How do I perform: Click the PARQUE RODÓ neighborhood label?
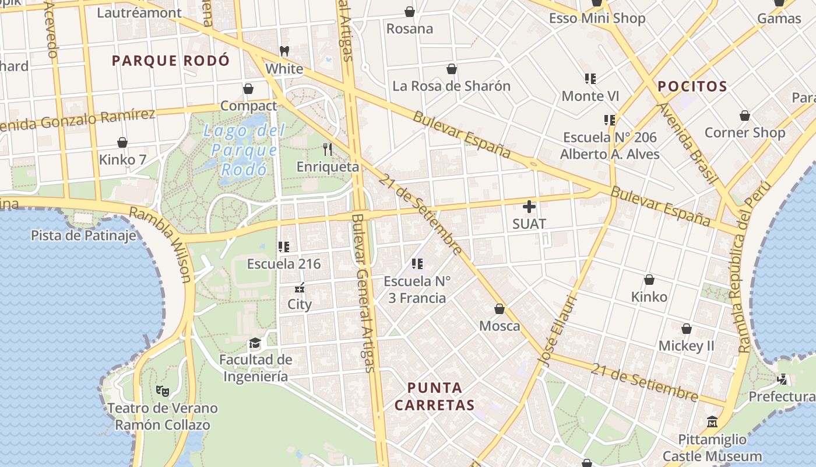tap(171, 61)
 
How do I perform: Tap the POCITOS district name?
tap(692, 87)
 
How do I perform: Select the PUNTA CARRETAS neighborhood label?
tap(434, 396)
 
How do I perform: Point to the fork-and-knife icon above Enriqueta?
tap(328, 149)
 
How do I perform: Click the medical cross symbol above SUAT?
tap(529, 207)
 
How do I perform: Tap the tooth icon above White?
tap(284, 51)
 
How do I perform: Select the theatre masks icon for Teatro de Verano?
tap(162, 391)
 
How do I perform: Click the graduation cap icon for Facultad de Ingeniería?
tap(255, 343)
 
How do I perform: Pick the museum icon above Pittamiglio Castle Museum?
tap(712, 422)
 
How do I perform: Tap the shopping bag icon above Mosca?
tap(500, 309)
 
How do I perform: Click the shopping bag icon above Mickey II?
tap(687, 329)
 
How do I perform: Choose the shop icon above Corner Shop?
tap(744, 116)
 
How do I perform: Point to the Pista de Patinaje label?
tap(83, 235)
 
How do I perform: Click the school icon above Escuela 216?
tap(284, 247)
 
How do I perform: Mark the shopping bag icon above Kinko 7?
tap(122, 142)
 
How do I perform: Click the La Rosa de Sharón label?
tap(451, 86)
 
